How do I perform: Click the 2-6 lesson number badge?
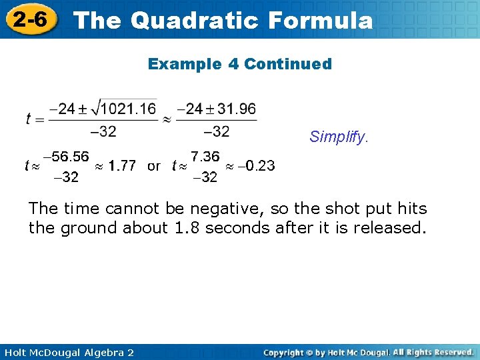[x=29, y=19]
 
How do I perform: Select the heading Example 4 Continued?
[x=240, y=64]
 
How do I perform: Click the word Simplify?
[x=338, y=137]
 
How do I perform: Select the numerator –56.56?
[x=65, y=157]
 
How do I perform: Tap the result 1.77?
[x=123, y=166]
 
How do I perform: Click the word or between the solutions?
[x=154, y=166]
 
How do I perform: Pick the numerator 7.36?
[x=205, y=157]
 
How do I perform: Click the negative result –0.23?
[x=257, y=166]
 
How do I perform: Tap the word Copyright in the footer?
[x=287, y=352]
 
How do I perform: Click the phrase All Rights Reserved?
[x=433, y=352]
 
